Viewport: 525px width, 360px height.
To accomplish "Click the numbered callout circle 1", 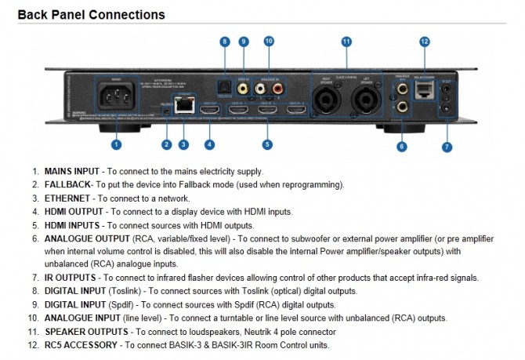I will coord(116,144).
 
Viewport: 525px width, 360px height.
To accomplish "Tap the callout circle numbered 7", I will coord(447,147).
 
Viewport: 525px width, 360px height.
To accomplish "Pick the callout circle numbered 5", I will coord(267,144).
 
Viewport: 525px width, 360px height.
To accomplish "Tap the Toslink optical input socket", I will coord(224,90).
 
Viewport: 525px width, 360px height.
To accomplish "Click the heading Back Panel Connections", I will coord(91,15).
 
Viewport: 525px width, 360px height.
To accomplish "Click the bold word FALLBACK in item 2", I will coord(69,184).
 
